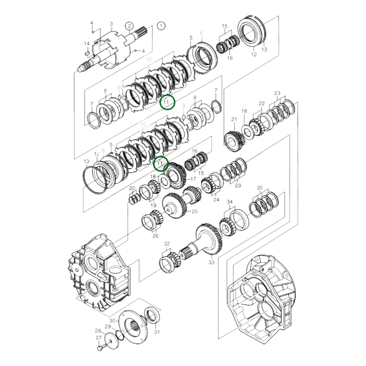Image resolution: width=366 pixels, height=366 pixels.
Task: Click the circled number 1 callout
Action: click(161, 26)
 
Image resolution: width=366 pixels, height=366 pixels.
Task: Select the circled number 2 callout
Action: click(129, 26)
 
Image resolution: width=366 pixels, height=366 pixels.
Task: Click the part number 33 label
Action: click(211, 262)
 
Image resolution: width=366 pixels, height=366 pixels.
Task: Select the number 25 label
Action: click(195, 211)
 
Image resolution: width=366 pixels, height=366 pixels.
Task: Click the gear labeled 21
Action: click(234, 141)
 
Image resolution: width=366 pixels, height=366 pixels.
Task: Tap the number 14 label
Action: click(87, 44)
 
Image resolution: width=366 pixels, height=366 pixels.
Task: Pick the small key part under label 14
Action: click(86, 53)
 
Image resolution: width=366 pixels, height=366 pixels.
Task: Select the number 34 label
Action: click(229, 202)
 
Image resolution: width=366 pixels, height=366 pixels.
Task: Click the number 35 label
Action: click(260, 188)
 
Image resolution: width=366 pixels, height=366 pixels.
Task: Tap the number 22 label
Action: click(262, 103)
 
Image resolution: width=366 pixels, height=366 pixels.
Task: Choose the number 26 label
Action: click(156, 236)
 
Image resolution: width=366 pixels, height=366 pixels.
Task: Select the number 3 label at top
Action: click(111, 24)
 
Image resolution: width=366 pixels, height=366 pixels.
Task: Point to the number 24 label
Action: click(216, 199)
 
